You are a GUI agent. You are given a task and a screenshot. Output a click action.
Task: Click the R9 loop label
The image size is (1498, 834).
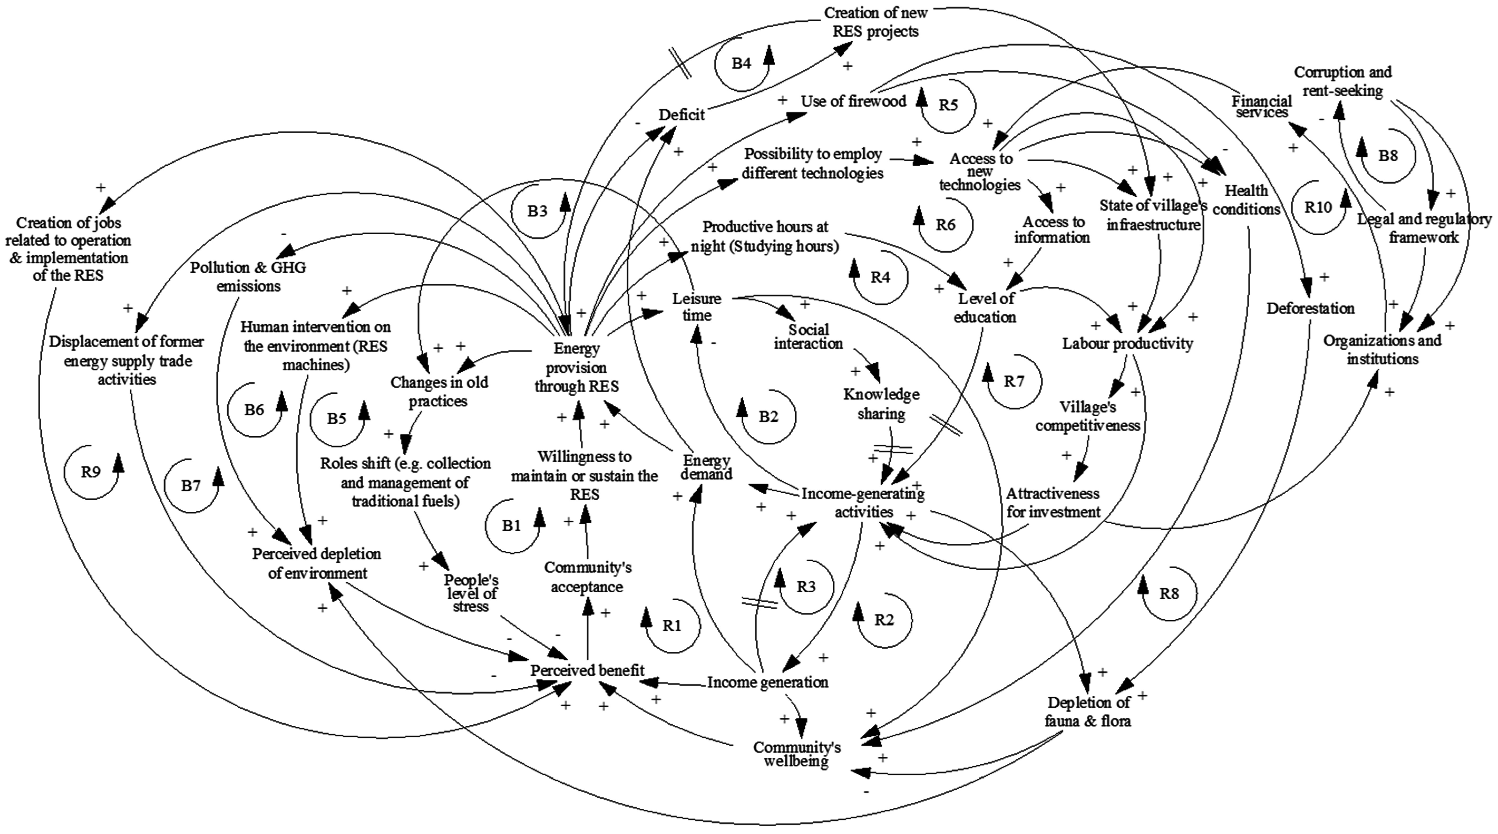pos(91,472)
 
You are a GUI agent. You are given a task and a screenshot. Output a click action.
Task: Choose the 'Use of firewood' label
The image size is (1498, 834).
pos(853,101)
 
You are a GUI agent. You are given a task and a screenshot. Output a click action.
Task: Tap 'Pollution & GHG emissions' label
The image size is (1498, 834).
pos(248,276)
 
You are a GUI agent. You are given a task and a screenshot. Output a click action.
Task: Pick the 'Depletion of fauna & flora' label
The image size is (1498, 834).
pos(1088,711)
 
